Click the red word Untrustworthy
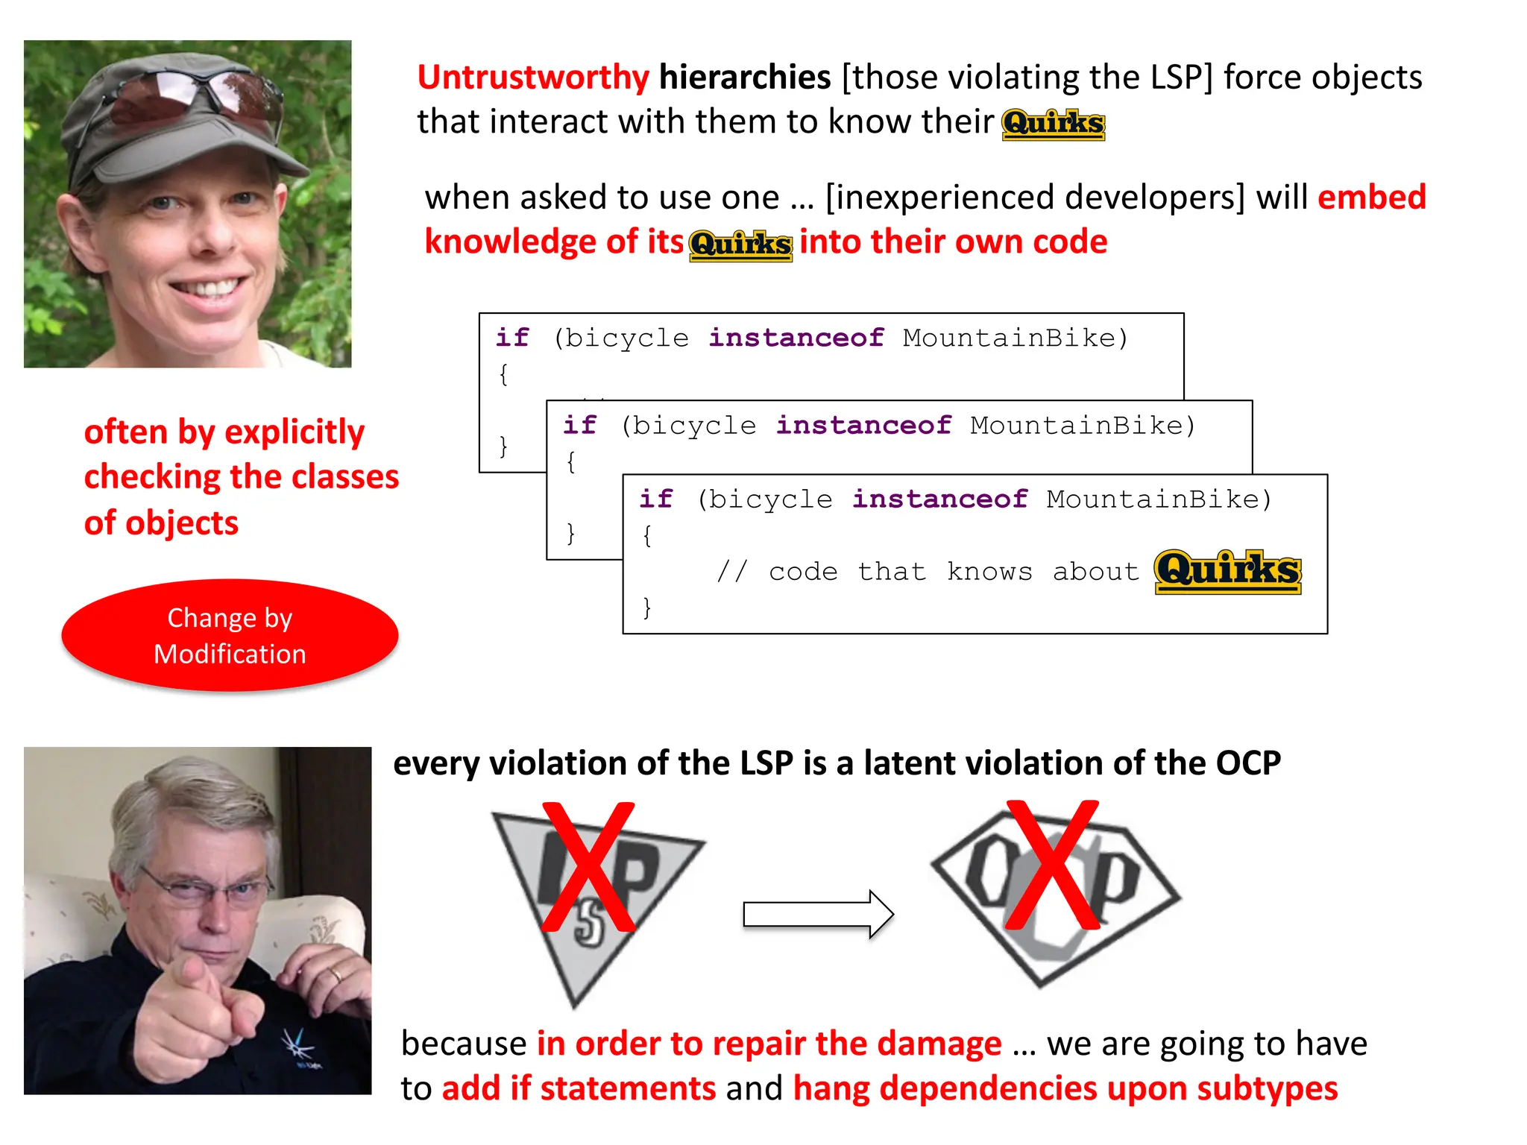pyautogui.click(x=532, y=78)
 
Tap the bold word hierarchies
pyautogui.click(x=744, y=78)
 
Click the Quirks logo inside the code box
pyautogui.click(x=1227, y=572)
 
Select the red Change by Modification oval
pyautogui.click(x=230, y=636)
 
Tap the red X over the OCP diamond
pyautogui.click(x=1052, y=865)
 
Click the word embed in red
pyautogui.click(x=1371, y=198)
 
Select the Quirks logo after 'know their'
pyautogui.click(x=1053, y=124)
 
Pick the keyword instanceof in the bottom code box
pyautogui.click(x=939, y=499)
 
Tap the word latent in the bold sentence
pyautogui.click(x=909, y=763)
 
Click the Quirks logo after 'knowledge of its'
pyautogui.click(x=740, y=245)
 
